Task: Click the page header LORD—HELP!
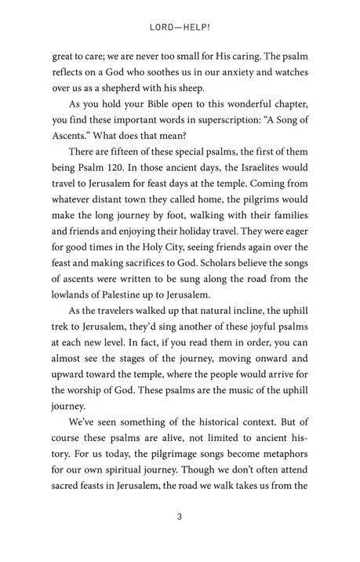click(x=179, y=26)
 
